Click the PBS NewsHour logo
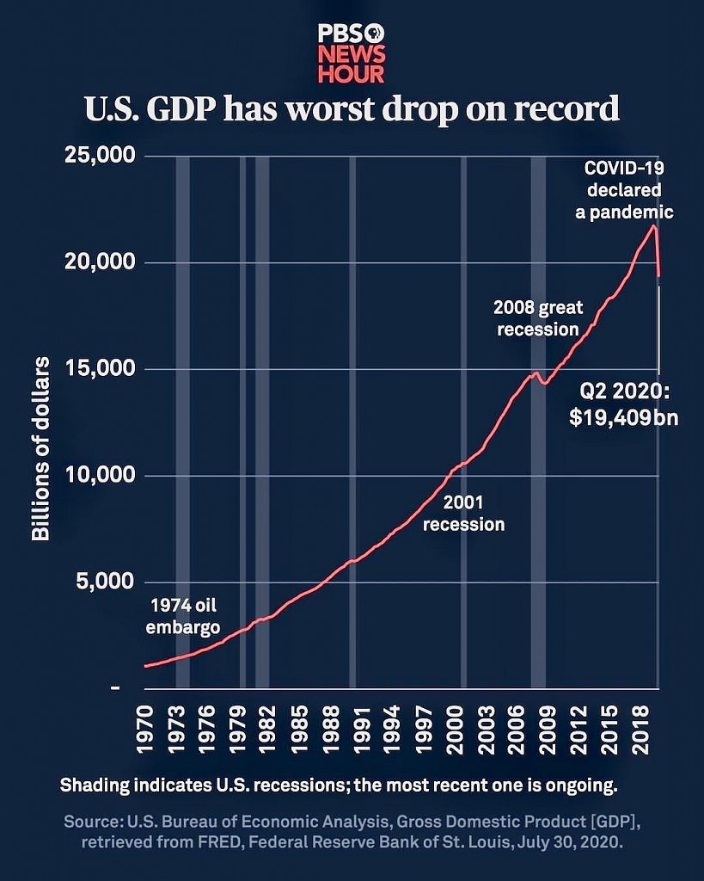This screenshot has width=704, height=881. pos(351,52)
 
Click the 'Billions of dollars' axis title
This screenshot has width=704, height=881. pos(40,447)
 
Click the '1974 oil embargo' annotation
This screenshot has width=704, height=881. pos(182,615)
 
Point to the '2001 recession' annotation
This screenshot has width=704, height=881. pos(464,514)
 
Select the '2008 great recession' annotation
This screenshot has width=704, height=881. pos(537,317)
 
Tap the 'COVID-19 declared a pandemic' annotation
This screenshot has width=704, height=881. pos(624,189)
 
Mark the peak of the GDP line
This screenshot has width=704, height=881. pos(654,225)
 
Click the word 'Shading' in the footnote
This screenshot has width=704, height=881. pos(93,786)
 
